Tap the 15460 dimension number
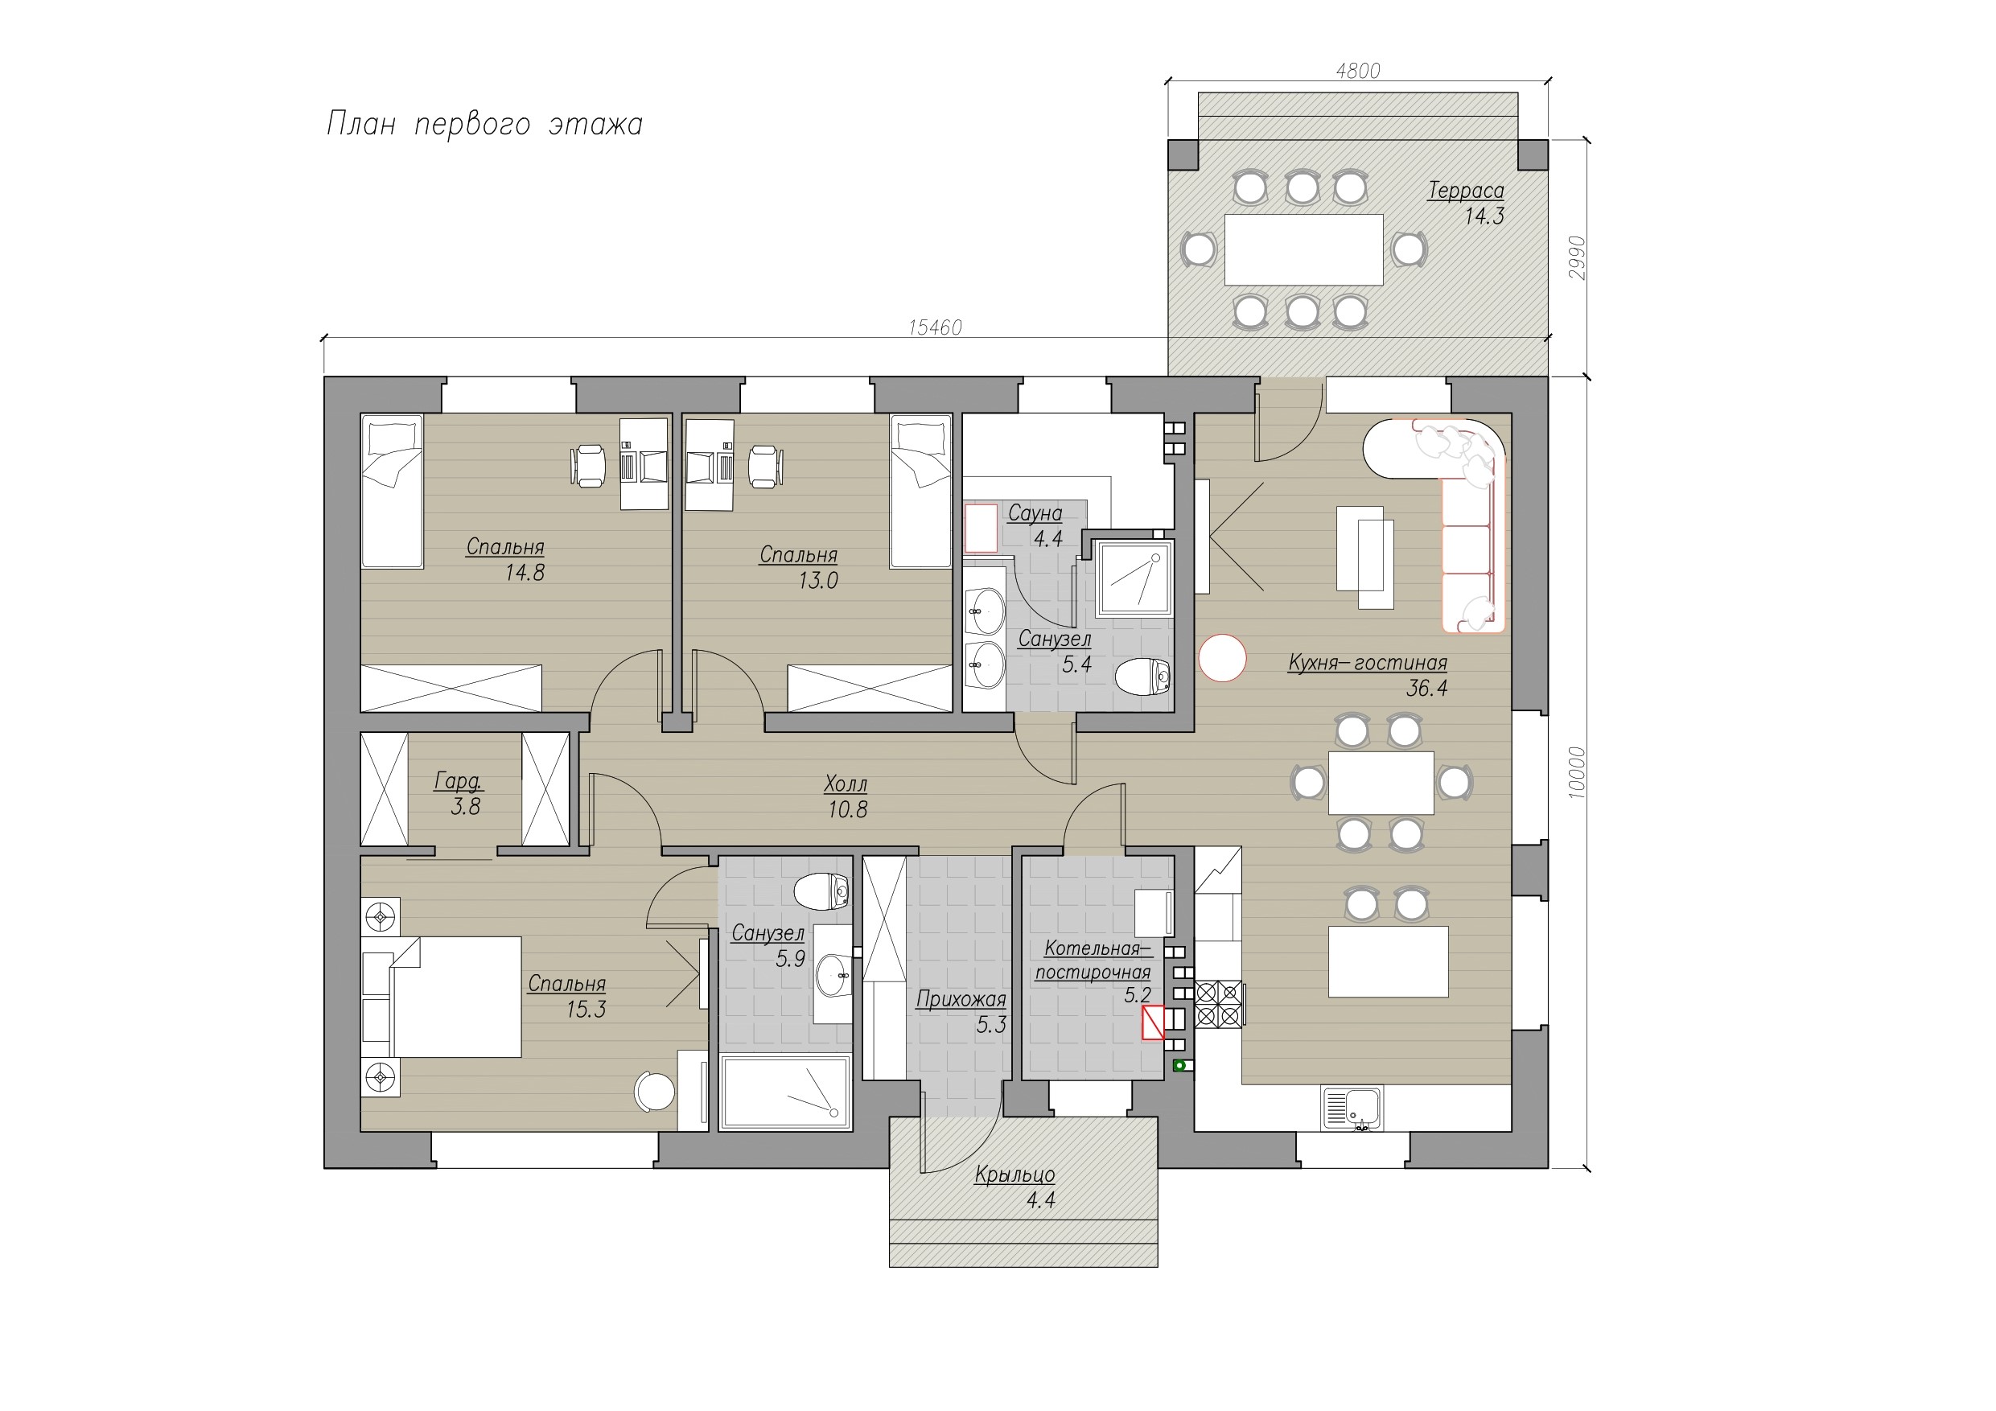(935, 327)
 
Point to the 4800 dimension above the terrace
(1358, 71)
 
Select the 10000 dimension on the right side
(1578, 772)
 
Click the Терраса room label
(1466, 191)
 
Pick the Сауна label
(1035, 514)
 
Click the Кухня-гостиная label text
(1368, 663)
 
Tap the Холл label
(846, 784)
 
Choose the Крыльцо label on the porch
(1014, 1174)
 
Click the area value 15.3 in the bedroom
(586, 1010)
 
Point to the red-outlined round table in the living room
(1222, 658)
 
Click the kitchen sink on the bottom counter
(1350, 1109)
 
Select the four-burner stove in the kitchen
(1219, 1004)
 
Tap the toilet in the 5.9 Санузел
(821, 891)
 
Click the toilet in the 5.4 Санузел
(1143, 677)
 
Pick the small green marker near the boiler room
(1179, 1066)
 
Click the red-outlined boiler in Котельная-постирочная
(1153, 1022)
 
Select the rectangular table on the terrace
(1303, 249)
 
